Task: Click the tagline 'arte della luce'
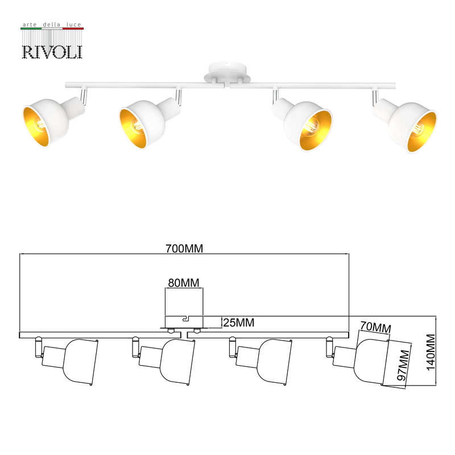coord(52,26)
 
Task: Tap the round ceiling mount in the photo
coord(227,74)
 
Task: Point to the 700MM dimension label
coord(184,249)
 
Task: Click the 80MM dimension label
coord(183,282)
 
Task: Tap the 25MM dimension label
coord(238,323)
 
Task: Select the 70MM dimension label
coord(375,328)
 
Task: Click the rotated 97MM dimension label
coord(403,366)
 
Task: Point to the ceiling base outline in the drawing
coord(184,322)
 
